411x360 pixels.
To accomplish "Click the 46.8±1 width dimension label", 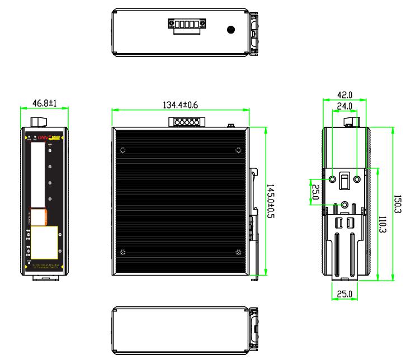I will point(44,104).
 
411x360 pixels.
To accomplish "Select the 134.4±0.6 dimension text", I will point(179,104).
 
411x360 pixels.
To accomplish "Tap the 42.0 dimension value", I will point(344,96).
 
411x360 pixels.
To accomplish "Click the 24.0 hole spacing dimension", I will point(344,106).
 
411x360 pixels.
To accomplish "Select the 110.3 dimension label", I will point(384,224).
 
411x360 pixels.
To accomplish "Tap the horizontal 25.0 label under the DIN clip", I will point(344,293).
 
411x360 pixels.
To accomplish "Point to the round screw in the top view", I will point(230,29).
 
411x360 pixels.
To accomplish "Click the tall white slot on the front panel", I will point(38,173).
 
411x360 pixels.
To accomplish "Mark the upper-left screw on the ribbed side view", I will point(123,150).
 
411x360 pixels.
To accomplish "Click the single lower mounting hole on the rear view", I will point(345,205).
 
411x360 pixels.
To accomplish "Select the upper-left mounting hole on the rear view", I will point(333,179).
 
